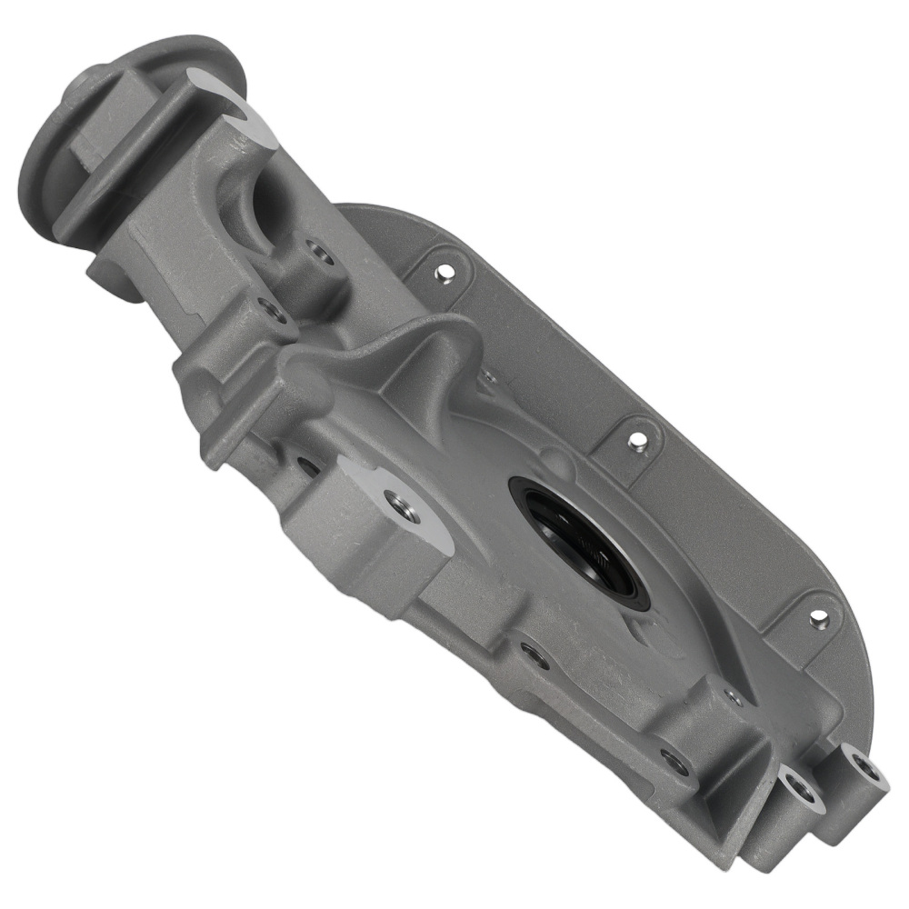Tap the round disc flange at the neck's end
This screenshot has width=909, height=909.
pos(55,155)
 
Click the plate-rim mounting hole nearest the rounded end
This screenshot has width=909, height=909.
pos(818,618)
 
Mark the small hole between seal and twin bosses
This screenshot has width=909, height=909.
pos(733,697)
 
